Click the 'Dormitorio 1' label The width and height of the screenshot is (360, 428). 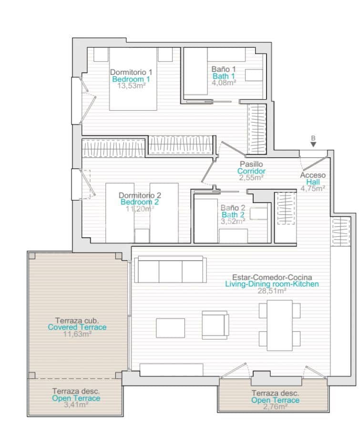(x=131, y=72)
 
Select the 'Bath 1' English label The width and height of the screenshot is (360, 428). (x=223, y=76)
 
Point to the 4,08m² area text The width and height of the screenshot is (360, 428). (x=224, y=82)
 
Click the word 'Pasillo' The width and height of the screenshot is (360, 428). (x=251, y=164)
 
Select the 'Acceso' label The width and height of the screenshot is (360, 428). (x=313, y=175)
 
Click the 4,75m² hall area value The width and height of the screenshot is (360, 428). (x=313, y=188)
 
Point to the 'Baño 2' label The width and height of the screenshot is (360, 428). (x=233, y=208)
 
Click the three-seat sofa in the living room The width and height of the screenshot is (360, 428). (x=170, y=270)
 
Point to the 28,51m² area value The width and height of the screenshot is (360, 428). (x=272, y=291)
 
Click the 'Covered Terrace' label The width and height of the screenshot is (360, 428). (x=77, y=327)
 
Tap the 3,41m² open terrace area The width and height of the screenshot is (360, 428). (x=76, y=405)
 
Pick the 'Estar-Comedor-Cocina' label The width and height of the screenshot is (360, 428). (x=272, y=277)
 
